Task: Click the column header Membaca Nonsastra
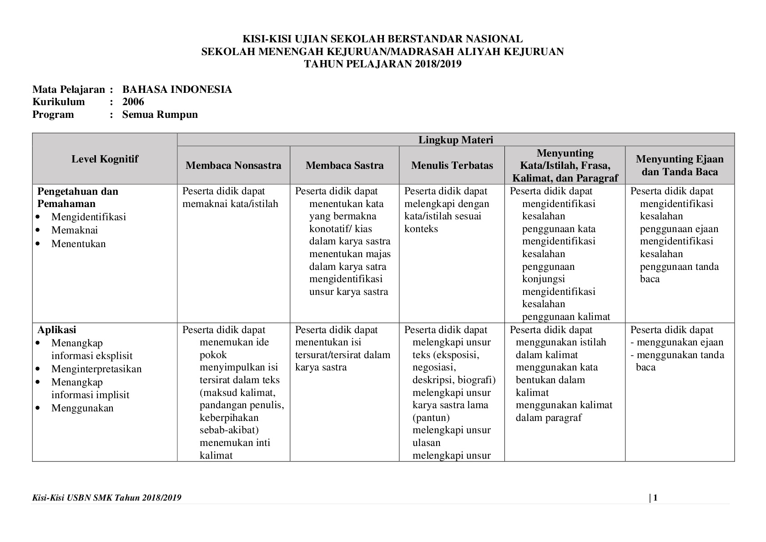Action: tap(233, 166)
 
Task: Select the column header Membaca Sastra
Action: tap(344, 166)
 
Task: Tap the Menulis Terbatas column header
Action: tap(452, 166)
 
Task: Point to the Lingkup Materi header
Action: tap(455, 140)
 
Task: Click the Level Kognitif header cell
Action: tap(105, 159)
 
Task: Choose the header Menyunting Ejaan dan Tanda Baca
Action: tap(680, 165)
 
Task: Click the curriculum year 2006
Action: tap(133, 101)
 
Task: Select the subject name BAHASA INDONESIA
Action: tap(177, 89)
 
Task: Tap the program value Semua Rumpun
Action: tap(160, 114)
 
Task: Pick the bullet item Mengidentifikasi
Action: tap(88, 217)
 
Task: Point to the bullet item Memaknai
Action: tap(75, 230)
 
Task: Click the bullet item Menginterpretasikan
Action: tap(96, 369)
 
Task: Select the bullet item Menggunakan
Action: tap(82, 408)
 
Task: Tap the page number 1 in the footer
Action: tap(655, 498)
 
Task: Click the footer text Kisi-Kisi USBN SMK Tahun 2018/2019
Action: tap(107, 498)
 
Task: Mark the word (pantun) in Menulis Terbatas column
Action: tap(431, 418)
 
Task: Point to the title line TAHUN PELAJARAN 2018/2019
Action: tap(383, 64)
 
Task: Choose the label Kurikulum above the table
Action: tap(59, 101)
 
